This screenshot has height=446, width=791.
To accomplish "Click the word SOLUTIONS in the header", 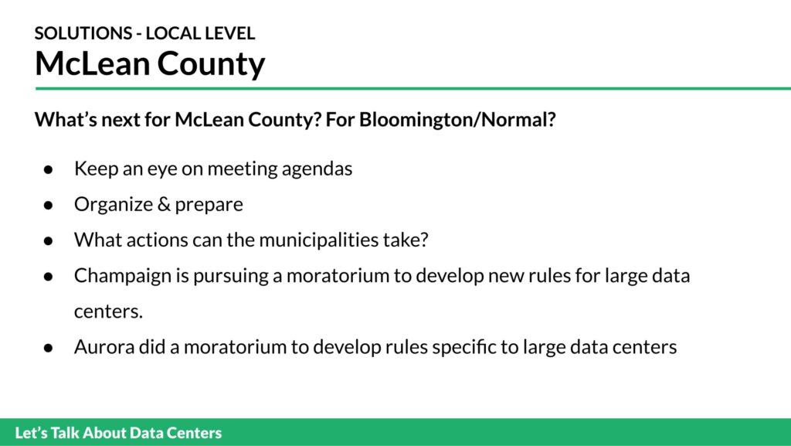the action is point(83,33).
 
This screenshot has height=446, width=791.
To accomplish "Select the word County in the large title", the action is point(211,65).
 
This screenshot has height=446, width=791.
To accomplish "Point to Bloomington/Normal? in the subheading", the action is point(457,120).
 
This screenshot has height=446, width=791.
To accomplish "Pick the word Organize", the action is point(114,204).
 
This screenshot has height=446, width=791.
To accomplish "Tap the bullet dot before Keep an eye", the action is point(49,169).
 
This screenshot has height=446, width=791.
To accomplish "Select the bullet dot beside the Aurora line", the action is point(49,348).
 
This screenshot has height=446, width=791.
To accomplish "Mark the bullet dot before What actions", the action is point(49,240).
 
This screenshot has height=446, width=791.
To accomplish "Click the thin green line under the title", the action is point(412,89).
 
